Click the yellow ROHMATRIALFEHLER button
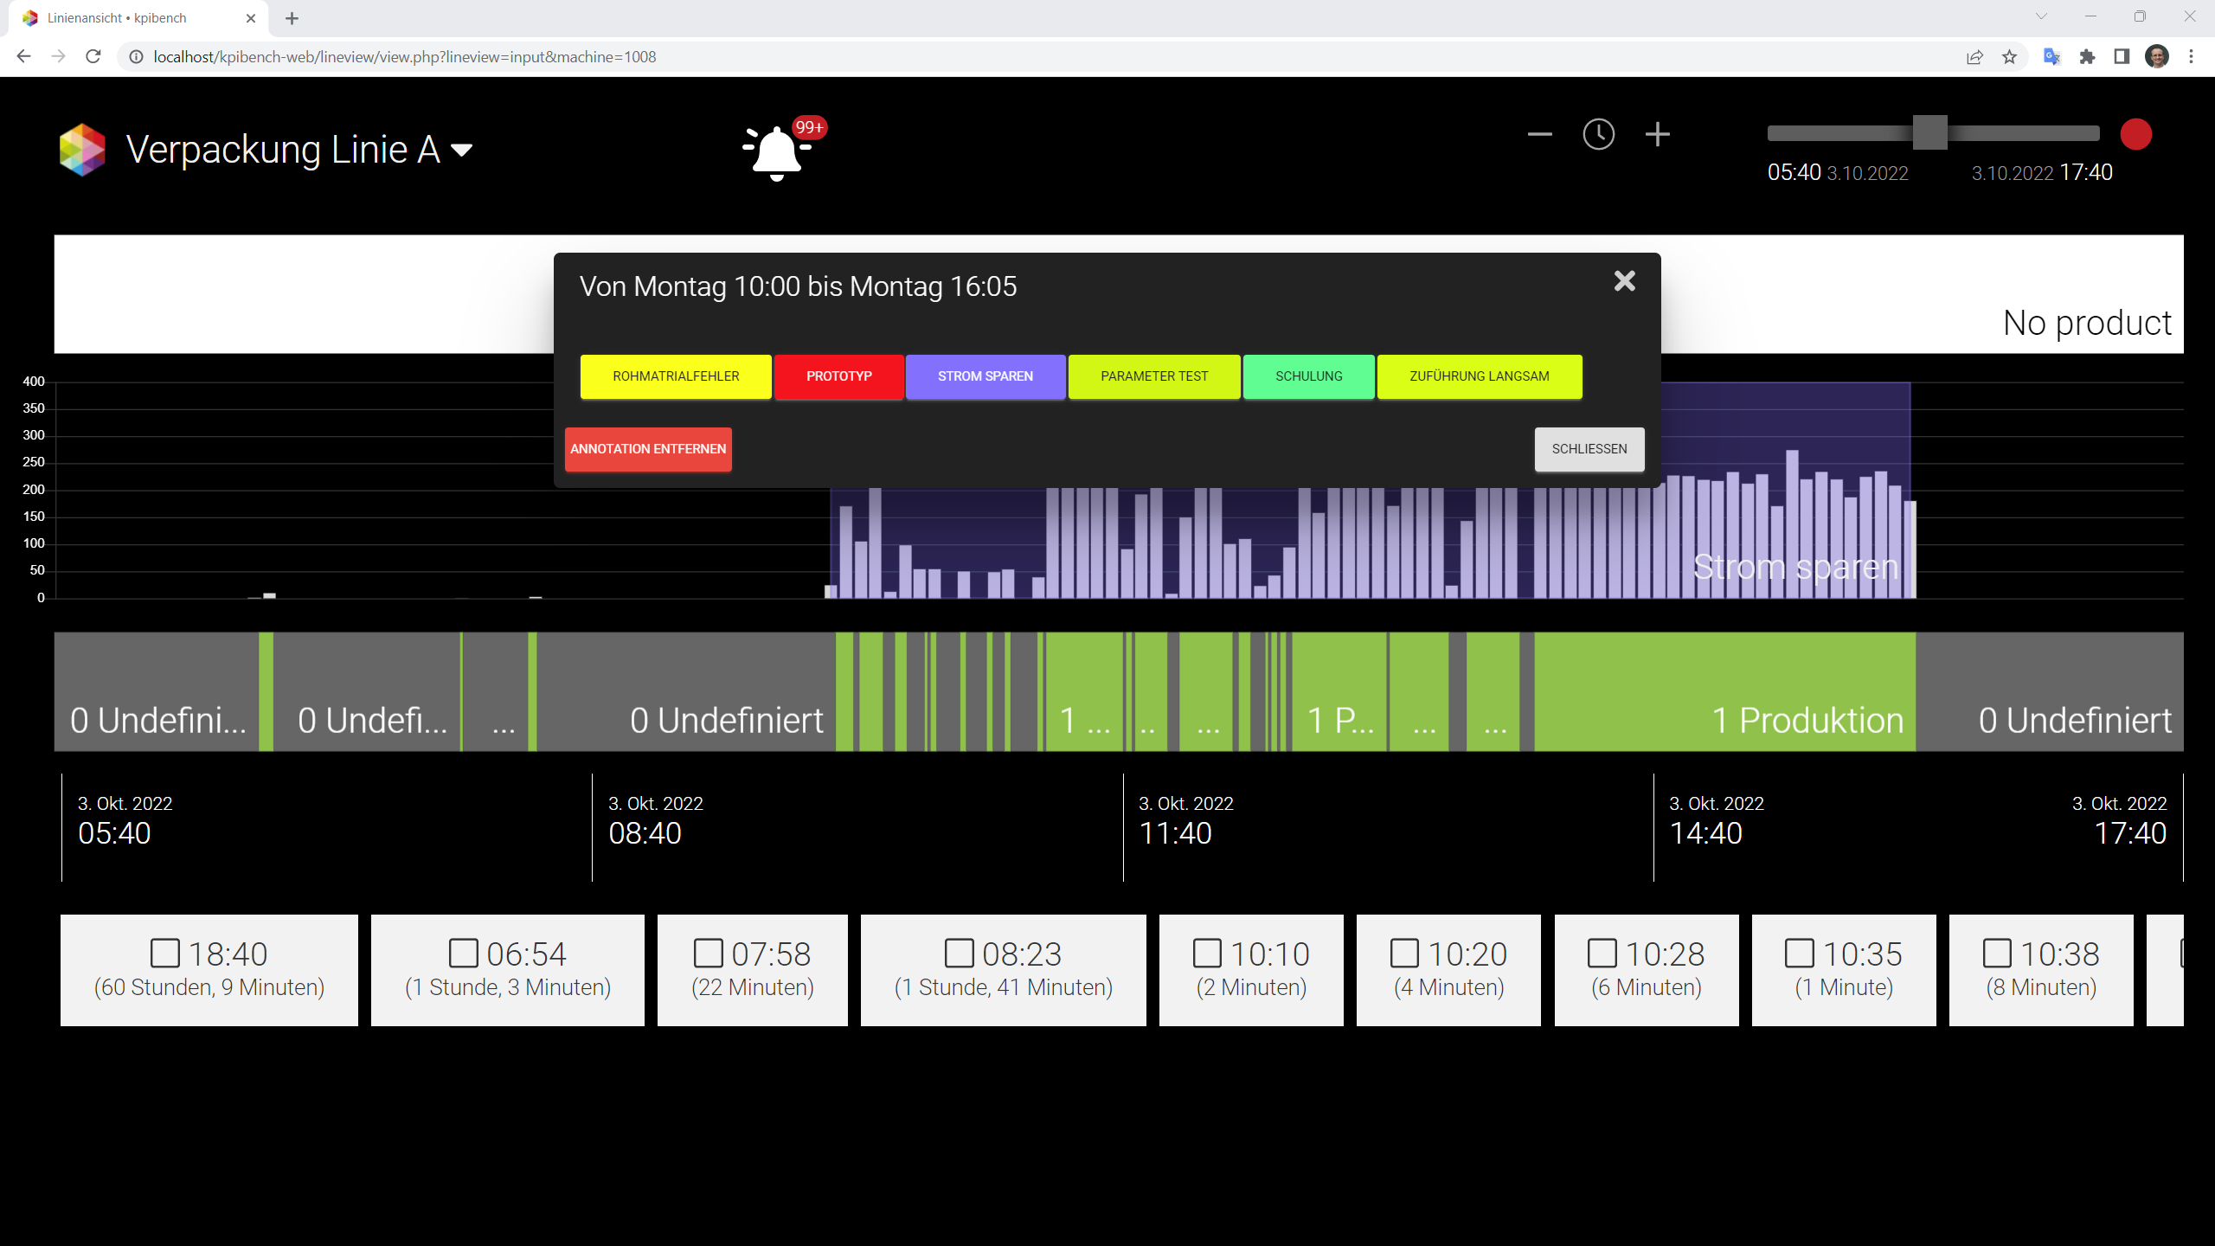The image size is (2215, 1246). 676,376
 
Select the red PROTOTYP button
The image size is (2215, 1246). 839,376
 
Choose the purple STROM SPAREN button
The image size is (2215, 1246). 986,376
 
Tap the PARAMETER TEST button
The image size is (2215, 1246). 1154,376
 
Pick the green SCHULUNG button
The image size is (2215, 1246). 1309,376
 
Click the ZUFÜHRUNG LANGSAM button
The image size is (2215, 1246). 1480,376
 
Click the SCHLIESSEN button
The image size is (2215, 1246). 1589,449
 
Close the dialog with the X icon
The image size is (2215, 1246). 1625,281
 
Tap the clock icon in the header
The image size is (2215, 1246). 1598,135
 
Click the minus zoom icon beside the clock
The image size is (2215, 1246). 1540,135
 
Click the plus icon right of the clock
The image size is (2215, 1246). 1658,135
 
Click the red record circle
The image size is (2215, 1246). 2136,135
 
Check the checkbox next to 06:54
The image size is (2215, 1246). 463,954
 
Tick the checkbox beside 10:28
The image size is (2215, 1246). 1602,954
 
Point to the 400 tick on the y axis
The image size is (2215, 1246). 34,382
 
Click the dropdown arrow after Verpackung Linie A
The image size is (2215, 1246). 462,151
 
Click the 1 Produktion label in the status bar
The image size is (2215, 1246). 1807,721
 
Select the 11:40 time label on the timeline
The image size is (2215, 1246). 1176,833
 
